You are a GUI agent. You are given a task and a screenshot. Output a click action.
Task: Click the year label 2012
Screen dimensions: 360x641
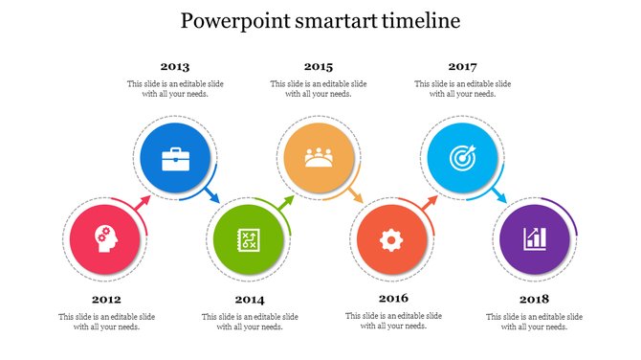click(106, 299)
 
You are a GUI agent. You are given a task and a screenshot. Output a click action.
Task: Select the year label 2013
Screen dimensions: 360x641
click(174, 67)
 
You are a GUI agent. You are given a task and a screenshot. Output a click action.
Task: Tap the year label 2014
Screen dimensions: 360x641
click(250, 299)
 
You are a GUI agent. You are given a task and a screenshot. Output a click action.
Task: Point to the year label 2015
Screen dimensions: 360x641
click(319, 67)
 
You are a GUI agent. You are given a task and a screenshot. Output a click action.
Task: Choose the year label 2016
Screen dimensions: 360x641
click(393, 298)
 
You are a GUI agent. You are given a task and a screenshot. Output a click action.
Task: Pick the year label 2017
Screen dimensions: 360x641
click(462, 67)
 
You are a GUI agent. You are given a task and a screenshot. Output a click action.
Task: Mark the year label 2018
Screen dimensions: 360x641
click(534, 299)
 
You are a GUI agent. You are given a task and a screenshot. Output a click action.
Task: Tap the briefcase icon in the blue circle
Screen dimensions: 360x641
click(175, 158)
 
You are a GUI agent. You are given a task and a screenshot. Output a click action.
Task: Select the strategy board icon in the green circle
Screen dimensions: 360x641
click(249, 239)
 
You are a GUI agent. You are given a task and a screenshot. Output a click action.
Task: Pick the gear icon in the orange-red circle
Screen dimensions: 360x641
click(390, 239)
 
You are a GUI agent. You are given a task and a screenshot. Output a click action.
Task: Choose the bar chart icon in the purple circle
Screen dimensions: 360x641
click(535, 239)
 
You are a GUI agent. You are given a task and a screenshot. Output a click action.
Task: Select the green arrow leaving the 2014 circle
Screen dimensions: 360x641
click(285, 202)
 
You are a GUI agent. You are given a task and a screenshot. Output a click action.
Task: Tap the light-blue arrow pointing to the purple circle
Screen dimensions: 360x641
click(499, 196)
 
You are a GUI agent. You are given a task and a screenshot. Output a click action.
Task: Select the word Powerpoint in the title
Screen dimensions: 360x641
click(232, 20)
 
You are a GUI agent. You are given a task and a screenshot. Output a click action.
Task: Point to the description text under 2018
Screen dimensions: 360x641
click(534, 322)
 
